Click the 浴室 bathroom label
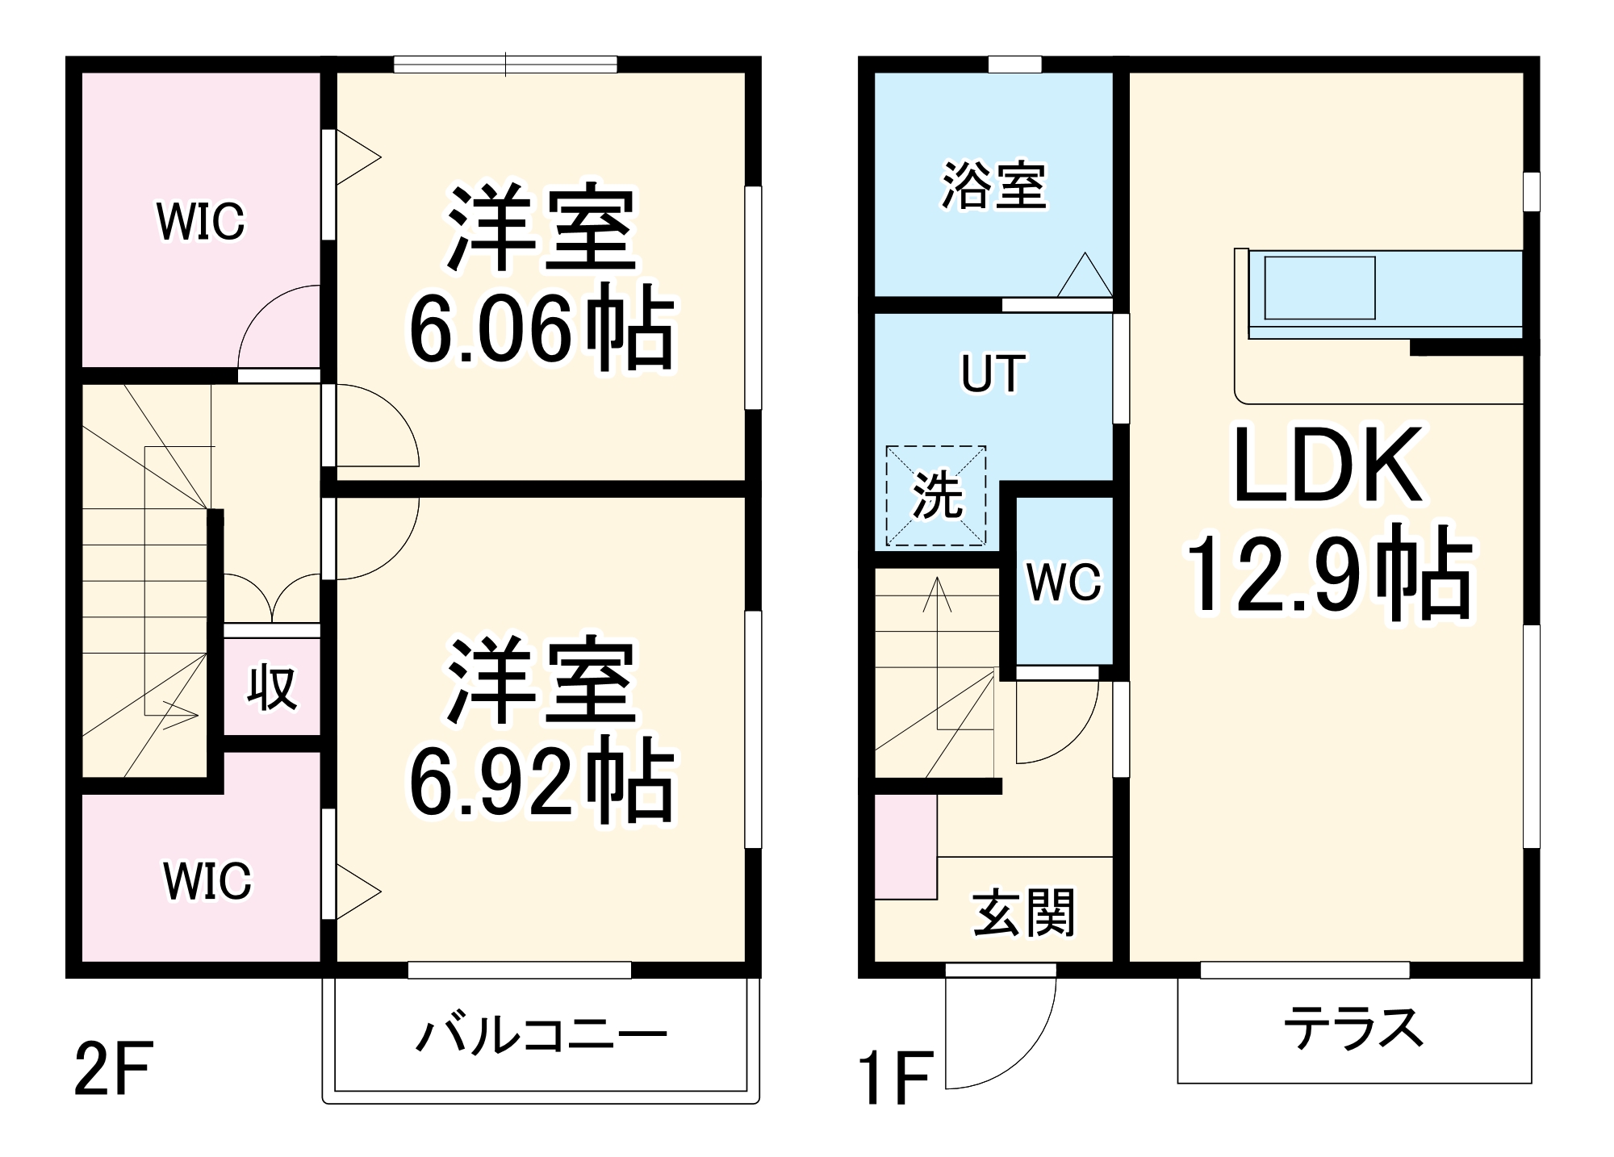(x=994, y=186)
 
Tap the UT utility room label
(x=993, y=374)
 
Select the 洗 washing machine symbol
(x=936, y=495)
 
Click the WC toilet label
(x=1064, y=581)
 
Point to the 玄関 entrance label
(x=1024, y=913)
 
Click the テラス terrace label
(x=1353, y=1029)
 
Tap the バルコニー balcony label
(x=541, y=1035)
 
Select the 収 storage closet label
(x=271, y=688)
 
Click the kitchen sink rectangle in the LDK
(x=1319, y=288)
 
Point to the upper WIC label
(x=201, y=221)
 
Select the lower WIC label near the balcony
(x=207, y=880)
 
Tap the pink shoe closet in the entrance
(x=905, y=846)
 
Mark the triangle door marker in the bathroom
(x=1085, y=277)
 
